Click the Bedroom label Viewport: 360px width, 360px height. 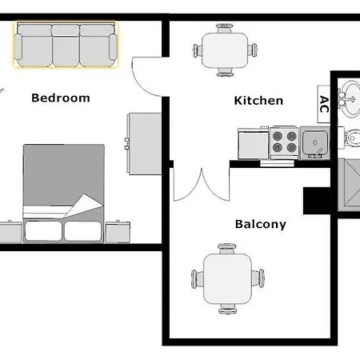pos(60,98)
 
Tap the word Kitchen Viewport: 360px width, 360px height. pos(258,101)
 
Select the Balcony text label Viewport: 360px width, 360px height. pos(261,225)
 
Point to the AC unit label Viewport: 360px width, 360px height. pos(323,104)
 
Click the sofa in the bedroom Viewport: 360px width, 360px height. pos(65,45)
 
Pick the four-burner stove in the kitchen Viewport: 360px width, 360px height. pos(285,142)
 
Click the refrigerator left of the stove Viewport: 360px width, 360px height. pos(254,142)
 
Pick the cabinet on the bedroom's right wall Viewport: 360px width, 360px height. pos(139,140)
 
